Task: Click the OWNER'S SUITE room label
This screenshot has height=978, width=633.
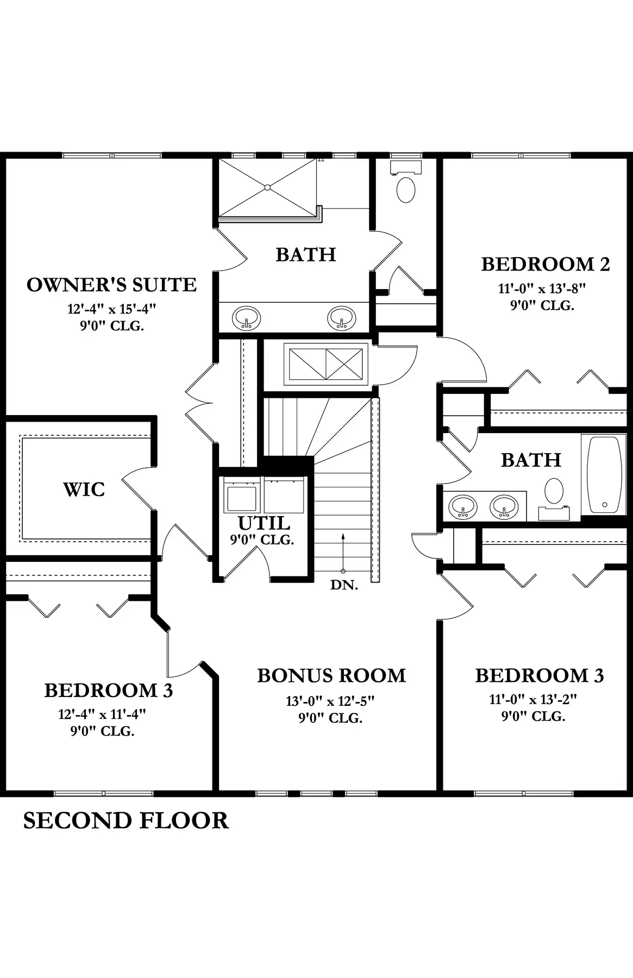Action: (111, 285)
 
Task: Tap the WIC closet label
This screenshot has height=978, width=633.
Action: (84, 490)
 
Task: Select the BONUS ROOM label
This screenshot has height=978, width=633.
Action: (331, 675)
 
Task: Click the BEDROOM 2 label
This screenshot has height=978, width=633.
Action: (546, 264)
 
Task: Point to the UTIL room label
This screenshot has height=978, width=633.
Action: (264, 523)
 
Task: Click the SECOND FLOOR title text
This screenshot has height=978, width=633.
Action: (126, 820)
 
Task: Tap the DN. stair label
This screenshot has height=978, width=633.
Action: (344, 585)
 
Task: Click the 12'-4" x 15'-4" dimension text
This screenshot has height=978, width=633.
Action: (111, 309)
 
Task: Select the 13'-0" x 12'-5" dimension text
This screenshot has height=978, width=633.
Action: (330, 701)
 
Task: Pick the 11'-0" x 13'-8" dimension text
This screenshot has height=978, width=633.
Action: (542, 289)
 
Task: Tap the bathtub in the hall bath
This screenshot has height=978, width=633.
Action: (604, 475)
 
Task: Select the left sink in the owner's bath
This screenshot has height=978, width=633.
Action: (246, 317)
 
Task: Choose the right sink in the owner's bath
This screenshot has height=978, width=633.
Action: (341, 317)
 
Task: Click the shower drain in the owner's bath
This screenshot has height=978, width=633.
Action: (267, 187)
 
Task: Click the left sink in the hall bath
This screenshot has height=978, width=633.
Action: (462, 506)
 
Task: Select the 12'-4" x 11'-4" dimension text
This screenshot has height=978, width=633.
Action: (103, 714)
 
